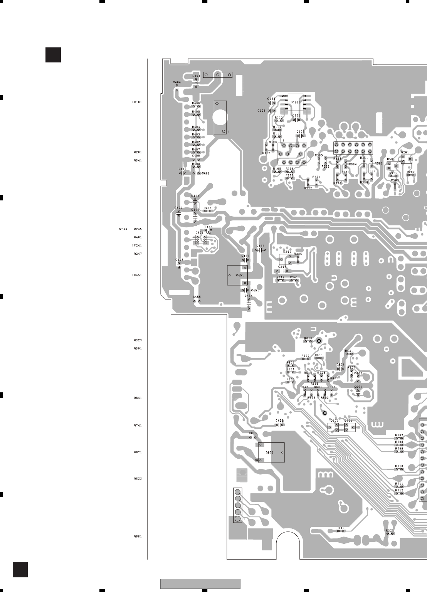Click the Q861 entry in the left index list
tap(138, 536)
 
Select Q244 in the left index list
tap(123, 229)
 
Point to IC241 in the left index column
tap(137, 246)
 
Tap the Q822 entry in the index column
tap(138, 479)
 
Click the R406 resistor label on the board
tap(196, 103)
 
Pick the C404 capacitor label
tap(177, 82)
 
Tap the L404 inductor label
tap(196, 76)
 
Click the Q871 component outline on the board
tap(271, 452)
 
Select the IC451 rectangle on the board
tap(237, 275)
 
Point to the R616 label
tap(308, 338)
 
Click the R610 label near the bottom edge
tap(340, 528)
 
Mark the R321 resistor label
tap(390, 530)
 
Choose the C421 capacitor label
tap(280, 420)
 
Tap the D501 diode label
tap(391, 159)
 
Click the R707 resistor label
tap(399, 435)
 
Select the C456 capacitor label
tap(261, 246)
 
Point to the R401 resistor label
tap(207, 208)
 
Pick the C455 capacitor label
tap(197, 297)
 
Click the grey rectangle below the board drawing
tap(200, 584)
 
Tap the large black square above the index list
tap(53, 55)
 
